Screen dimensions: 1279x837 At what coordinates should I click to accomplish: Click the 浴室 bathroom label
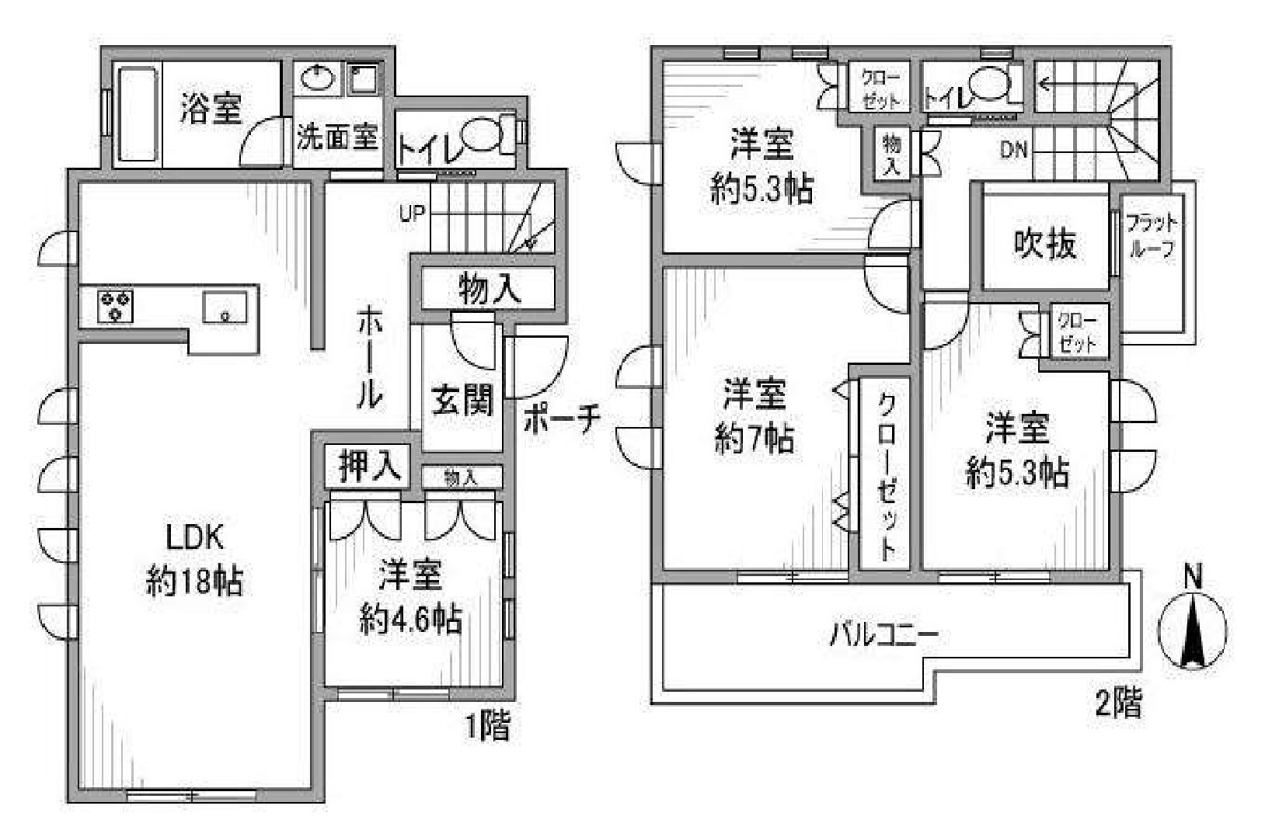(x=211, y=108)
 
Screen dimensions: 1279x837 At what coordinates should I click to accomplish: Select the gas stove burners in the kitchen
(x=115, y=307)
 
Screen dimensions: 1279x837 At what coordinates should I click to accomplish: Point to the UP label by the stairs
(x=413, y=214)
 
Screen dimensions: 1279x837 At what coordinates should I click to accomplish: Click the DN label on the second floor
(x=1014, y=150)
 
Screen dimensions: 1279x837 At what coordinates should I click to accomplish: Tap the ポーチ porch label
(x=562, y=420)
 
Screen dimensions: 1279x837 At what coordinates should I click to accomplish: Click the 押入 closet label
(x=369, y=467)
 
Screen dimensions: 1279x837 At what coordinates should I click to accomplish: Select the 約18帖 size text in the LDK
(x=193, y=582)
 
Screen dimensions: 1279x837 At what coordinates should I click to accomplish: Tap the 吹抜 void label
(x=1045, y=245)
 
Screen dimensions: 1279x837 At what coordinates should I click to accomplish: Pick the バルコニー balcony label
(x=883, y=634)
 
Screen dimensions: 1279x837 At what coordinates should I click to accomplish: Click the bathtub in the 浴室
(x=137, y=114)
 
